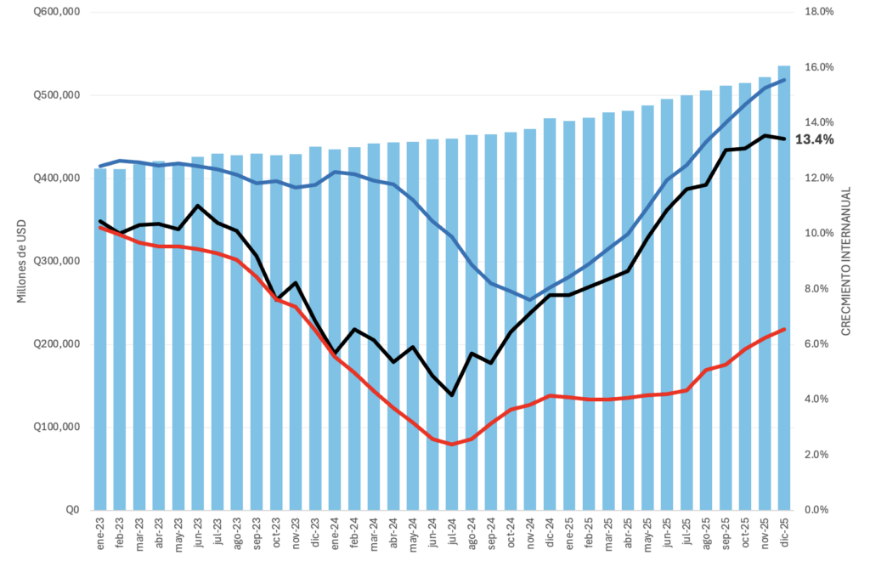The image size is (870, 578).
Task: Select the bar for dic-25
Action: tap(784, 289)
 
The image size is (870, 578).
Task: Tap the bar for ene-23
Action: tap(100, 340)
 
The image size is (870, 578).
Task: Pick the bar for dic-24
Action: tap(550, 314)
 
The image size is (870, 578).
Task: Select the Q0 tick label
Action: tap(73, 510)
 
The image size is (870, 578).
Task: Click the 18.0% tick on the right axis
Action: tap(819, 12)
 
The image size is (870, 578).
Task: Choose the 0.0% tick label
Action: tap(816, 510)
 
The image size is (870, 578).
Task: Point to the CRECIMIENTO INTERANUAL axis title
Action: tap(846, 261)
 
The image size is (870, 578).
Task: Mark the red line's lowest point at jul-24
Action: tap(452, 444)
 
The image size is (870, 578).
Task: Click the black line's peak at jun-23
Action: tap(198, 206)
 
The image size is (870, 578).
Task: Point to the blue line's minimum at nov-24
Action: tap(530, 299)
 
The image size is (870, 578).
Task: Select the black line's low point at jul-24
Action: tap(452, 395)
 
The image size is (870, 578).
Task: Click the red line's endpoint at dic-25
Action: tap(784, 329)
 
